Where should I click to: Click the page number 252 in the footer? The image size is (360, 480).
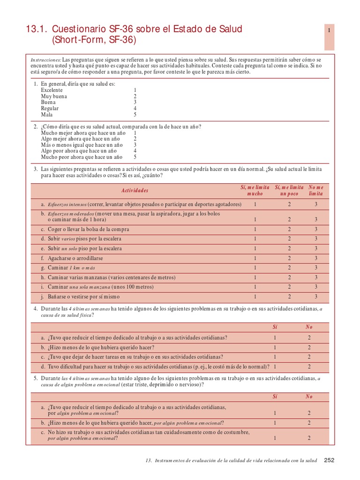point(329,460)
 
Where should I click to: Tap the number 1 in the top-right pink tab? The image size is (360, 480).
point(330,30)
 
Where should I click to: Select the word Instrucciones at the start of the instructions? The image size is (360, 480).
point(46,60)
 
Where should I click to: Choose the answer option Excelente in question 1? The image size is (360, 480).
point(52,90)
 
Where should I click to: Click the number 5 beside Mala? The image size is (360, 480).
point(135,114)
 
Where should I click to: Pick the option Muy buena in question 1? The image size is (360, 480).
point(54,96)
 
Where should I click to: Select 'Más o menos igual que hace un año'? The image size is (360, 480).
point(80,145)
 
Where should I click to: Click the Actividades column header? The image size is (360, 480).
point(135,190)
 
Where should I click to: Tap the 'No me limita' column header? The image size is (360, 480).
point(316,190)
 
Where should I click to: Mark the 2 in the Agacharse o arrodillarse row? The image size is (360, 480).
point(289,258)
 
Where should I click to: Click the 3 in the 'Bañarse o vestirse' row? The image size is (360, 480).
point(316,297)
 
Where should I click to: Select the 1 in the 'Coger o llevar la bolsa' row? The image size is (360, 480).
point(255,229)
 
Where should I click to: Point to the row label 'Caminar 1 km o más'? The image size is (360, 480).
point(71,268)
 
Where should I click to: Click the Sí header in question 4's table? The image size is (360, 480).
point(275,327)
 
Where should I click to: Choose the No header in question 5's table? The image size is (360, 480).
point(309,397)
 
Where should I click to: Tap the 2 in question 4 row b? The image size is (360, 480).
point(309,347)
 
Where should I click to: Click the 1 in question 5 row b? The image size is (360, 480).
point(275,423)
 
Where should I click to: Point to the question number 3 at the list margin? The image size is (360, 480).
point(35,169)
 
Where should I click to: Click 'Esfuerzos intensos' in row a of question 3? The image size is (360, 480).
point(67,204)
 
